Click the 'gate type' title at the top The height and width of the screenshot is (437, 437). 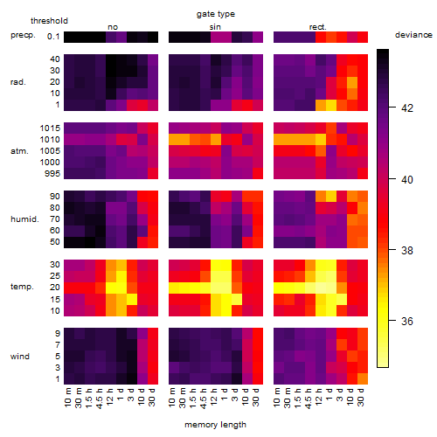[216, 14]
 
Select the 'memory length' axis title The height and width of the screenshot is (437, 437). [215, 425]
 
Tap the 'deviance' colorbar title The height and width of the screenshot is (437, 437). [413, 35]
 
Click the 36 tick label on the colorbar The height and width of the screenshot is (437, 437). [407, 321]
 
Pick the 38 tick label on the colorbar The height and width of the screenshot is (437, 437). [407, 250]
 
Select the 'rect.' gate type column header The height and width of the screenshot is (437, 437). [318, 27]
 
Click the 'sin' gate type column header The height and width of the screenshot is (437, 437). [215, 27]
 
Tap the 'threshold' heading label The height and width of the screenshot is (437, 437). [49, 21]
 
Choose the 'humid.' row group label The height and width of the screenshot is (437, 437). [24, 219]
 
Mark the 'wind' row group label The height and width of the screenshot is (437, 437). [20, 357]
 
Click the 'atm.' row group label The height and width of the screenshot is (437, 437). [19, 151]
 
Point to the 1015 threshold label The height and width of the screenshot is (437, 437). [50, 128]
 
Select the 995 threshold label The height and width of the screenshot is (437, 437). [52, 174]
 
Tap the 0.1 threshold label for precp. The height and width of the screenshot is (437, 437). [53, 37]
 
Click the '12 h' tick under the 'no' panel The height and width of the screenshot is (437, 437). [109, 397]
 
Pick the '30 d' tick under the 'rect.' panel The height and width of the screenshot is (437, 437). [360, 397]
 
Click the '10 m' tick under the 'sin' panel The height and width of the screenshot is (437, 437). [172, 397]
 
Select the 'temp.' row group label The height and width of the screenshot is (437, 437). [22, 287]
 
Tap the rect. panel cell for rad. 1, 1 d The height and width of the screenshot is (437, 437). [331, 105]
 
